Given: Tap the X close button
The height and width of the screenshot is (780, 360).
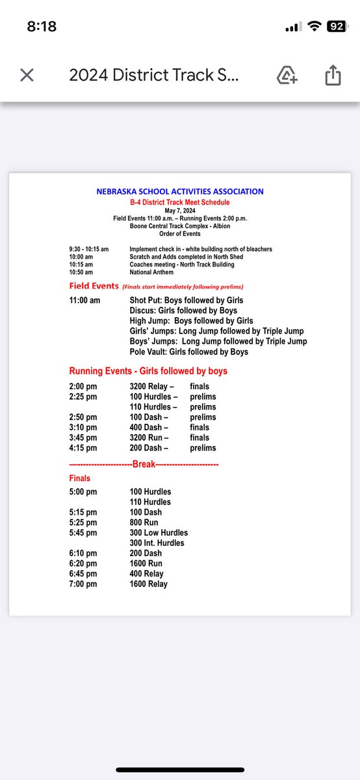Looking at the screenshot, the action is click(27, 75).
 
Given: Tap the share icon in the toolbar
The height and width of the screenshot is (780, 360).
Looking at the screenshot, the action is click(332, 75).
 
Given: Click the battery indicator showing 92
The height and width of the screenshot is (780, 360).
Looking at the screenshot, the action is click(336, 27).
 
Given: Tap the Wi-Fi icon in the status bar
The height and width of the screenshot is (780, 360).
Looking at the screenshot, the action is click(315, 27).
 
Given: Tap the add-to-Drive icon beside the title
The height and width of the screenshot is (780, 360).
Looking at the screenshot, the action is click(287, 75).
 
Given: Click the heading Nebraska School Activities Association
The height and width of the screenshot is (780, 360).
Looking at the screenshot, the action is click(180, 192).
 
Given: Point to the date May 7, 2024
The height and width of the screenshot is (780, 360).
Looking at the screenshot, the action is click(180, 211).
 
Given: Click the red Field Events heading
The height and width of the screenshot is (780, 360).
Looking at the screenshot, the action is click(94, 286).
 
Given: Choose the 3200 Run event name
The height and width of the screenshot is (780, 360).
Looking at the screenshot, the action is click(149, 437).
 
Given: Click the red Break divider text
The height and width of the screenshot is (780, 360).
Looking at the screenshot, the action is click(144, 464).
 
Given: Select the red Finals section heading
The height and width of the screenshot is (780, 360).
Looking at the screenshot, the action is click(80, 478).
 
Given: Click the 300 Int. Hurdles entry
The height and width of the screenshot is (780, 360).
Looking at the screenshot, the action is click(157, 543).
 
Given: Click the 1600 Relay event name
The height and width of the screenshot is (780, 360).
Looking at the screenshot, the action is click(148, 584).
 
